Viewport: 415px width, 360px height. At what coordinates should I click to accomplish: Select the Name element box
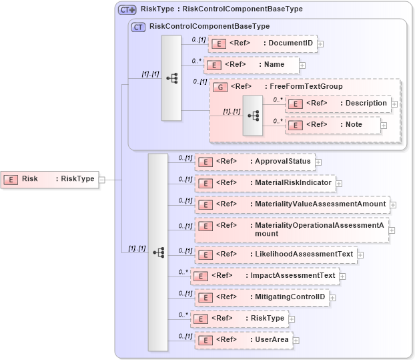pyautogui.click(x=252, y=65)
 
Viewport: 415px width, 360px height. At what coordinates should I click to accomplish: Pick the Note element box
pyautogui.click(x=333, y=125)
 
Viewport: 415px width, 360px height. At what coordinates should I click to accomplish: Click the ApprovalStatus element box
pyautogui.click(x=255, y=162)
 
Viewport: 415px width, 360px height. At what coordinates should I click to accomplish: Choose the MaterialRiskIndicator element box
pyautogui.click(x=264, y=182)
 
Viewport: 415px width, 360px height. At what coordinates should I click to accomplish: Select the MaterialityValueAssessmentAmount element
pyautogui.click(x=292, y=204)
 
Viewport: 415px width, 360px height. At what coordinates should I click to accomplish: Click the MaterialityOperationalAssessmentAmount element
pyautogui.click(x=292, y=229)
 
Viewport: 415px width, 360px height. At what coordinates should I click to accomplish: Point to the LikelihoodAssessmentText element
pyautogui.click(x=276, y=254)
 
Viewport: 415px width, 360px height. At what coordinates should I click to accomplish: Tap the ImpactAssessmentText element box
pyautogui.click(x=264, y=275)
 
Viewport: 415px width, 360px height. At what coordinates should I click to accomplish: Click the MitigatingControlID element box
pyautogui.click(x=262, y=297)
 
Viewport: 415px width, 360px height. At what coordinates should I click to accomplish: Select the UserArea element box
pyautogui.click(x=244, y=340)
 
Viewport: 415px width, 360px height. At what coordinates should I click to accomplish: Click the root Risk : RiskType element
pyautogui.click(x=50, y=179)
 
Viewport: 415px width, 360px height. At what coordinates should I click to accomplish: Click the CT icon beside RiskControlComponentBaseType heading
pyautogui.click(x=139, y=27)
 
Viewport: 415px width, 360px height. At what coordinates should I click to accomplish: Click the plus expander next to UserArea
pyautogui.click(x=296, y=340)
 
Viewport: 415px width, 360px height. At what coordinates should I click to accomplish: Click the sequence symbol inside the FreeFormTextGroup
pyautogui.click(x=253, y=115)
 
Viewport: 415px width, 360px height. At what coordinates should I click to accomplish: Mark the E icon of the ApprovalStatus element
pyautogui.click(x=207, y=162)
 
